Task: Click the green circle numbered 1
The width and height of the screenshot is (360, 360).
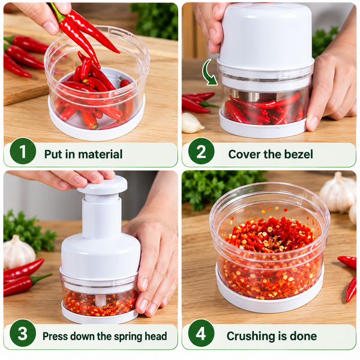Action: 23,151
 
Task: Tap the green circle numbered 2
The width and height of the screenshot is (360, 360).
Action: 201,151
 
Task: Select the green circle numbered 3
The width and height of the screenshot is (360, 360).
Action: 23,333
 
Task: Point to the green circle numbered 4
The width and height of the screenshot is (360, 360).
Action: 201,333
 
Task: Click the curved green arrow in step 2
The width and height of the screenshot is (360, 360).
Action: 208,73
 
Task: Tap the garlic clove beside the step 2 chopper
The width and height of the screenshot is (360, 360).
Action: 193,123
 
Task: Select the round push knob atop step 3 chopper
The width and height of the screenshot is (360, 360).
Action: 103,185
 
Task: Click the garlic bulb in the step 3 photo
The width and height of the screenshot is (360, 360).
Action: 19,251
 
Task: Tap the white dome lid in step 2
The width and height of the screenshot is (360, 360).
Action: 266,37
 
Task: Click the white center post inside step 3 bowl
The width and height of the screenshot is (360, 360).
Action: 101,300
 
